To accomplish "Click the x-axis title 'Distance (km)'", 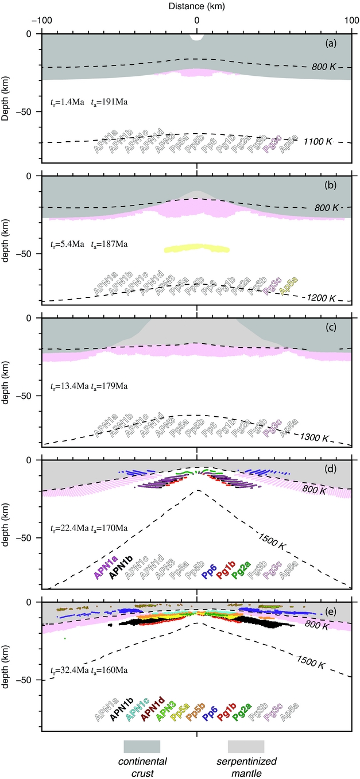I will (x=197, y=6).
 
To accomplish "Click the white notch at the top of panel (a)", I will (x=197, y=37).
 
